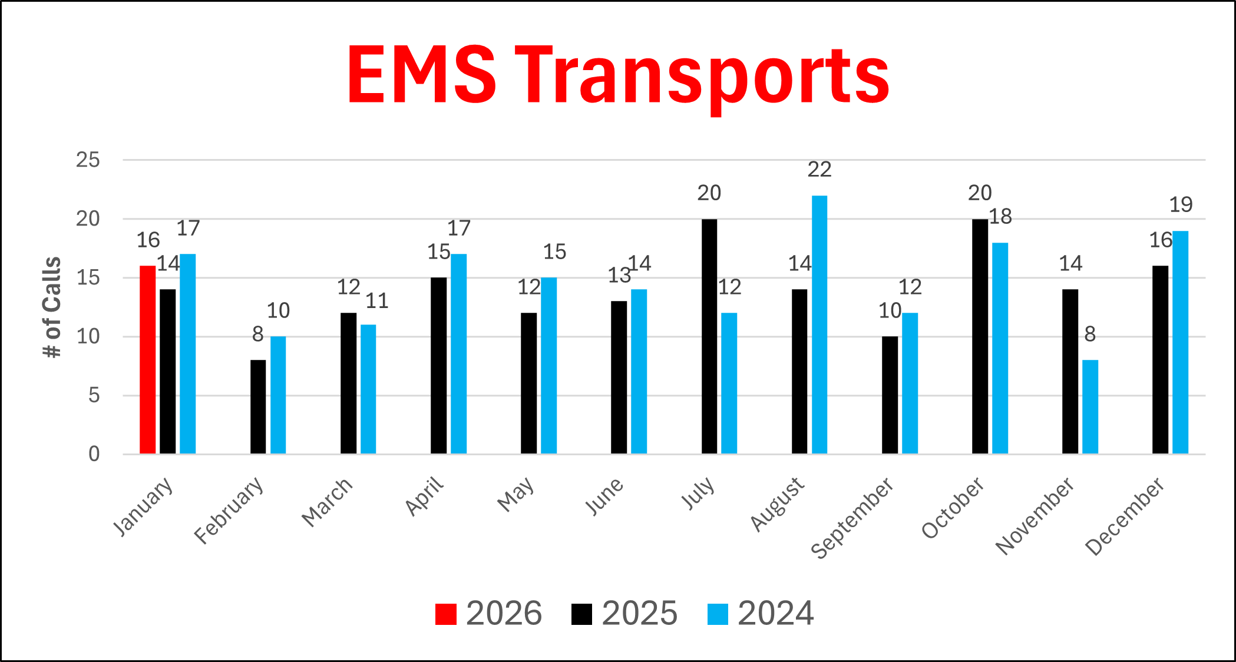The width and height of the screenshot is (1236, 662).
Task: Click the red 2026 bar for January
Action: [x=148, y=359]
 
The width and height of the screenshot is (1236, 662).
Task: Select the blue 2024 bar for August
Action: [x=819, y=324]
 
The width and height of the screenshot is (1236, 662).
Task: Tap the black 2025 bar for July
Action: [x=709, y=336]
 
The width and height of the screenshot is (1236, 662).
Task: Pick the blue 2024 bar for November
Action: [x=1090, y=406]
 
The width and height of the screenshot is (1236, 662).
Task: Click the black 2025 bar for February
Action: [x=258, y=406]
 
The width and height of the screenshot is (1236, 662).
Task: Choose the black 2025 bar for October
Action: [x=980, y=336]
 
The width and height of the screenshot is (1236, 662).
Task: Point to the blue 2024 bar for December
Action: [x=1181, y=342]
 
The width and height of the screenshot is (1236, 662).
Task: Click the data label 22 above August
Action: [x=819, y=170]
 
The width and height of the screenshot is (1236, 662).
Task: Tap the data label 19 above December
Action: [x=1181, y=205]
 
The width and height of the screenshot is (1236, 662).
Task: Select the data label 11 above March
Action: [x=377, y=301]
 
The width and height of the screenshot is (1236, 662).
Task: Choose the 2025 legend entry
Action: [x=625, y=614]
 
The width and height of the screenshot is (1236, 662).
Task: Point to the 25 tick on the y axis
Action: [x=88, y=160]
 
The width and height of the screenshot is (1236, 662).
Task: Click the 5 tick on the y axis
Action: [x=94, y=395]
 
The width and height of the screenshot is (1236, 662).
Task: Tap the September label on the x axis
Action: [x=852, y=518]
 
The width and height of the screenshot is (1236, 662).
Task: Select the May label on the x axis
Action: [x=516, y=494]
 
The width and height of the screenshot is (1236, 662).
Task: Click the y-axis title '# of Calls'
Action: [x=52, y=307]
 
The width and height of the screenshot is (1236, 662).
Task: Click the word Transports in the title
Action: [x=702, y=77]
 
